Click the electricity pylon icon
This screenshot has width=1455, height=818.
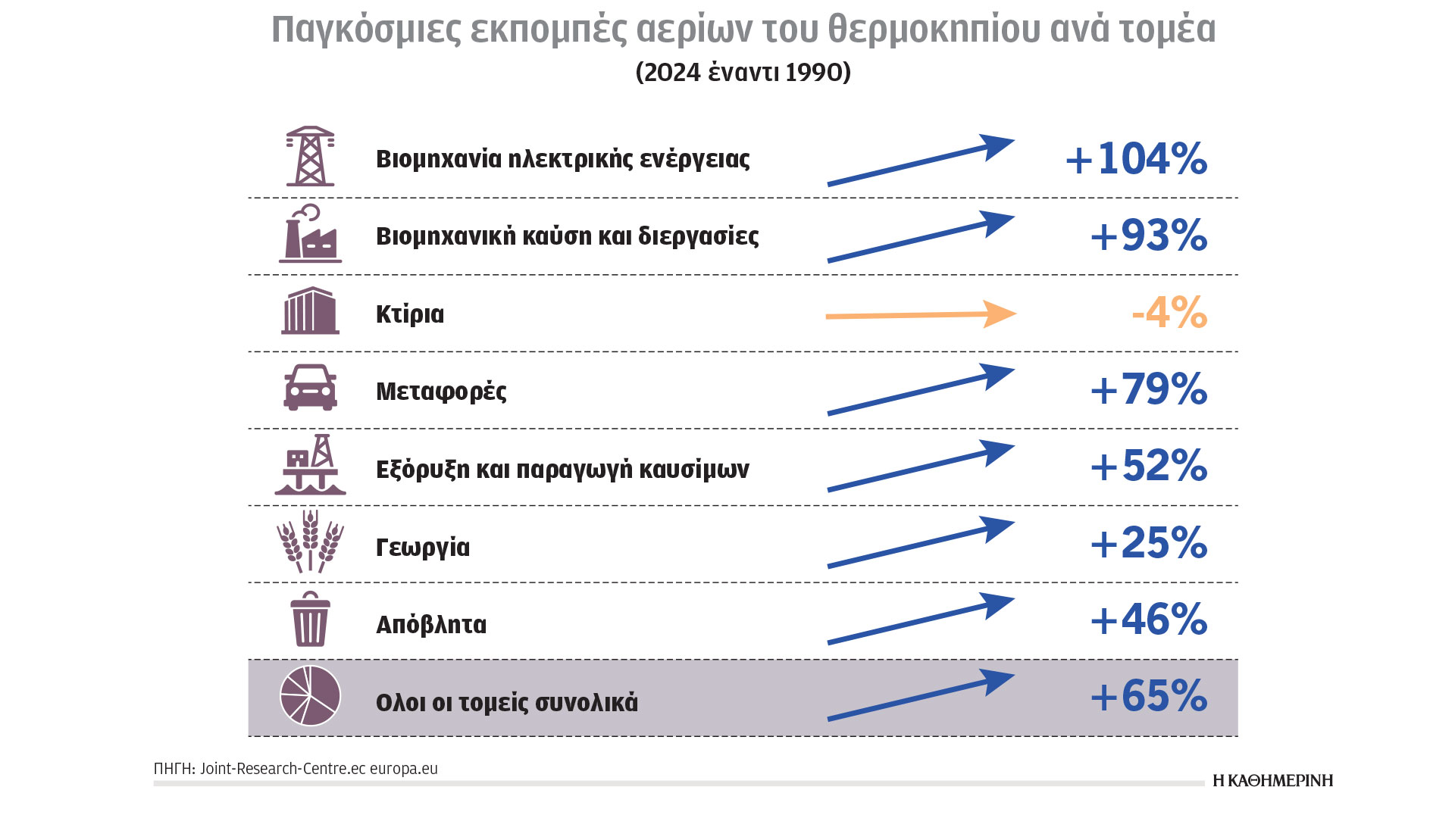[x=310, y=157]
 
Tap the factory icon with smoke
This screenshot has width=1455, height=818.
[x=310, y=235]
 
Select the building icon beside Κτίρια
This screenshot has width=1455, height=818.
[x=310, y=311]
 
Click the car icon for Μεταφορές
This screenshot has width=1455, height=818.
[x=310, y=388]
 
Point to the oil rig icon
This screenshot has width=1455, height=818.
[x=310, y=465]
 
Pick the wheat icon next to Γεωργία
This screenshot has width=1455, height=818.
[x=310, y=542]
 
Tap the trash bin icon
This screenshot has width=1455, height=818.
[x=310, y=620]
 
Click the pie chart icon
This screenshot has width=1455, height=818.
[x=310, y=696]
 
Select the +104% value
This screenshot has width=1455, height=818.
[x=1136, y=159]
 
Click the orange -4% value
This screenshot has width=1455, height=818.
[x=1169, y=312]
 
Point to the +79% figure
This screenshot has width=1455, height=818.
[x=1148, y=389]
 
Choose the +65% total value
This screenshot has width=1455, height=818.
[x=1148, y=696]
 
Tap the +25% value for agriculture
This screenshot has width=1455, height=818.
[x=1148, y=543]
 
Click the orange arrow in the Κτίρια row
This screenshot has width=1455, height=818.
[x=920, y=314]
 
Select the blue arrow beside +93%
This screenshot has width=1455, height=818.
[x=920, y=237]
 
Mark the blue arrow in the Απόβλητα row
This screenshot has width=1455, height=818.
[x=920, y=619]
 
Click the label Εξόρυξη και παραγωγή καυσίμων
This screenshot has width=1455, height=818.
[x=562, y=470]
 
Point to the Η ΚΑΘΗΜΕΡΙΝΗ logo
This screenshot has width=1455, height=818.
[x=1272, y=781]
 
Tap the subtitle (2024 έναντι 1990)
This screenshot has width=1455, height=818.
[x=743, y=72]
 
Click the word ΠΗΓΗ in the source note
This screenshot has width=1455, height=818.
[x=174, y=769]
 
